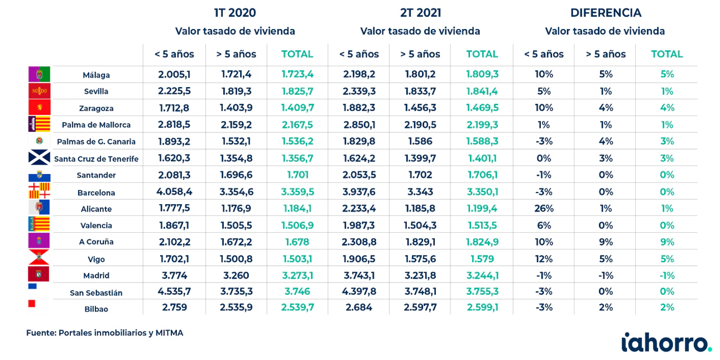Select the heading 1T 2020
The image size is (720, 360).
(x=235, y=13)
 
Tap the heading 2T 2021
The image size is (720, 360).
(x=420, y=13)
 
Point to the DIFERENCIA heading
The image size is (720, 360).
(x=606, y=13)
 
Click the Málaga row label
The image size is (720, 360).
(x=96, y=75)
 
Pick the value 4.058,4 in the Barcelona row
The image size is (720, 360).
(x=174, y=192)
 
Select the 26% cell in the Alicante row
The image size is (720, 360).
(x=544, y=209)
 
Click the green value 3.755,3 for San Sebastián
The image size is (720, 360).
(x=482, y=291)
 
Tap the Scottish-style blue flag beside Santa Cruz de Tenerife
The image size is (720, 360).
(x=39, y=157)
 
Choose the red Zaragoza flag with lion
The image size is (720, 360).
(x=39, y=107)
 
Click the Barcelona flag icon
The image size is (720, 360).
(x=39, y=191)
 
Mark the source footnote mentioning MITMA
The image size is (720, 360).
(x=105, y=333)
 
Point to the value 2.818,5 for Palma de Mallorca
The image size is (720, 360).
(x=174, y=124)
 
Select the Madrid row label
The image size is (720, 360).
(x=96, y=276)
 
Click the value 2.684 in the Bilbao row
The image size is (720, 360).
(x=359, y=308)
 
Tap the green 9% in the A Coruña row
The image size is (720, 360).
(x=667, y=242)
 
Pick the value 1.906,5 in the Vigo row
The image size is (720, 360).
(x=359, y=259)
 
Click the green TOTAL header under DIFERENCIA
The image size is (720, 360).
(x=667, y=54)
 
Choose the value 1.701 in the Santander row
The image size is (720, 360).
(x=297, y=175)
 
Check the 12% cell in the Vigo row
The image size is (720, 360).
(x=544, y=259)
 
